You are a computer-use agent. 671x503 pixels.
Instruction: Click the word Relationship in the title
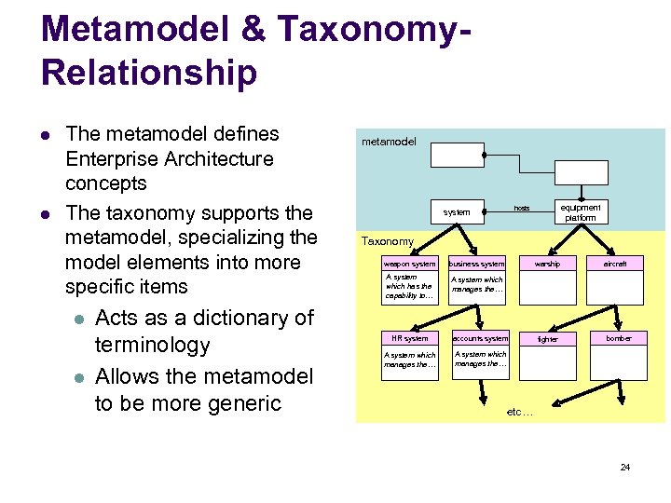149,73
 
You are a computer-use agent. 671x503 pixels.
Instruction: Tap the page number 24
625,466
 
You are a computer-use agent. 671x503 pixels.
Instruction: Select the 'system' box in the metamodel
457,212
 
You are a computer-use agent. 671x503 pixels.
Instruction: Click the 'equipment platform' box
581,212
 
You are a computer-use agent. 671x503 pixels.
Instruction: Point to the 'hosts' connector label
522,208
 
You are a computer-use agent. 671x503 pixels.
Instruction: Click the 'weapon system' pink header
409,264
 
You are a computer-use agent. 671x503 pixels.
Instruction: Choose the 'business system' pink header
477,264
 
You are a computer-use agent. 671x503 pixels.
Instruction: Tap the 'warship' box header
547,264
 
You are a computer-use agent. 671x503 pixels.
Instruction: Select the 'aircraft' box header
615,264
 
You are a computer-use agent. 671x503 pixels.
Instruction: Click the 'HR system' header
409,338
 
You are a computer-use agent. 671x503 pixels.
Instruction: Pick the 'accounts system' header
481,338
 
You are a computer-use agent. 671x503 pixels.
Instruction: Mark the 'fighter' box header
548,339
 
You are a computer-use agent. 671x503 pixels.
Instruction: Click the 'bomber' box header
619,338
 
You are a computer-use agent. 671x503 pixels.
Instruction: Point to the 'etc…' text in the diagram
519,411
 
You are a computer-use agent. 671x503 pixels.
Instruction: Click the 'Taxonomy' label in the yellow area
388,241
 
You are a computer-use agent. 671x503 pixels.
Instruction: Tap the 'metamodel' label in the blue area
390,143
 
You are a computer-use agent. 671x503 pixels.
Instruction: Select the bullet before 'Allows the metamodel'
79,377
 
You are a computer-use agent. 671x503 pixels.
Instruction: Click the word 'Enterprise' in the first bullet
111,158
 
